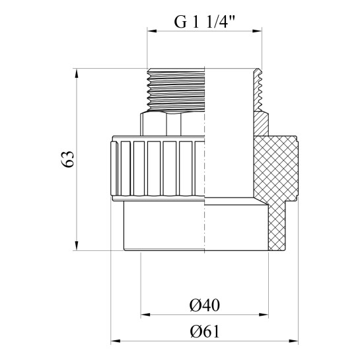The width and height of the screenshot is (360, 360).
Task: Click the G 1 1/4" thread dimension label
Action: tap(204, 22)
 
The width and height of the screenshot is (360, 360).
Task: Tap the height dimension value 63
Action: tap(68, 159)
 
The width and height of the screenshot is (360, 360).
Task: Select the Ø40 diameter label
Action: tap(205, 305)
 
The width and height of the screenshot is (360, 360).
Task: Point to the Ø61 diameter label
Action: tap(205, 332)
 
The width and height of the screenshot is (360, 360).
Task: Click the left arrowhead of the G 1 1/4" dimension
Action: tap(152, 31)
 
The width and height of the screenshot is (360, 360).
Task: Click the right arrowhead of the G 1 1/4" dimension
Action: tap(257, 31)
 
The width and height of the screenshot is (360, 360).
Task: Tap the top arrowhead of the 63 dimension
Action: tap(77, 73)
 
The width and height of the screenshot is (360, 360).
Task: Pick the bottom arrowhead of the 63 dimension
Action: tap(77, 246)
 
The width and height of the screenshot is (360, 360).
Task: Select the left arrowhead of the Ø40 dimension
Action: tap(145, 314)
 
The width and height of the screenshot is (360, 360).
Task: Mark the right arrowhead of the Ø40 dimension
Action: tap(264, 314)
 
